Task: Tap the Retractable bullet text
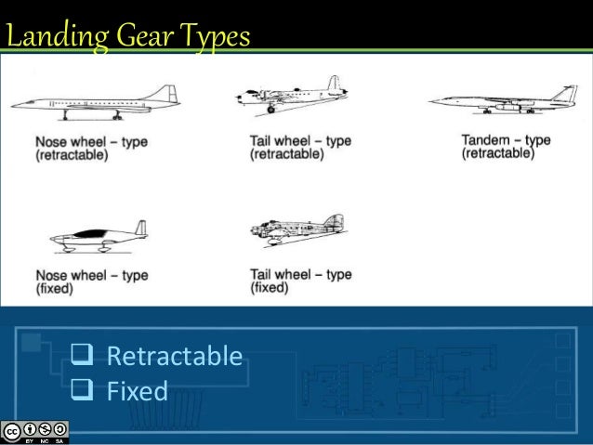coord(174,357)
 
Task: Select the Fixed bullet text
coord(137,390)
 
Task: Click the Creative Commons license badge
coord(35,430)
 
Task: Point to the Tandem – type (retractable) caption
coord(506,147)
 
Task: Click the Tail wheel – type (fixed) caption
coord(300,281)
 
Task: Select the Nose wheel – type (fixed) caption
coord(90,281)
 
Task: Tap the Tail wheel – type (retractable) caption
coord(300,148)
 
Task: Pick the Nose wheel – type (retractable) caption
coord(90,148)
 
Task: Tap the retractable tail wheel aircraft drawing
coord(292,98)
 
